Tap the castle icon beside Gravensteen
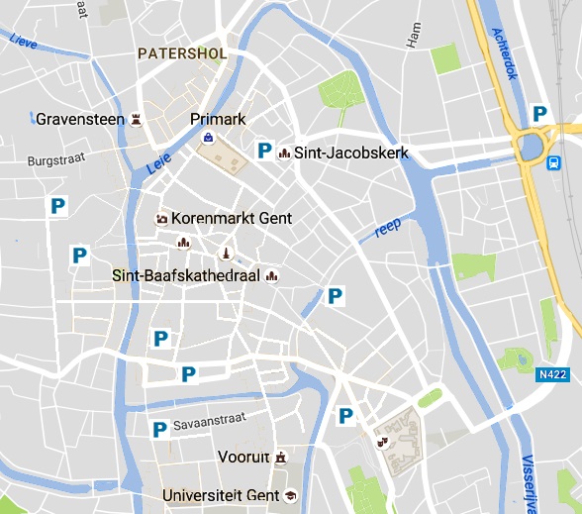click(x=137, y=120)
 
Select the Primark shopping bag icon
click(x=209, y=138)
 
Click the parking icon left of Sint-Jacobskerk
click(x=264, y=151)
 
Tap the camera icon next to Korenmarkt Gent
click(x=160, y=218)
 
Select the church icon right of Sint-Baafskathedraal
click(x=272, y=275)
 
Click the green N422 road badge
click(x=554, y=375)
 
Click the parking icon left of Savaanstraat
click(x=158, y=429)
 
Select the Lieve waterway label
click(x=22, y=42)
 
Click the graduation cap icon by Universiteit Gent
click(x=290, y=494)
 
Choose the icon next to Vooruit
click(x=282, y=458)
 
